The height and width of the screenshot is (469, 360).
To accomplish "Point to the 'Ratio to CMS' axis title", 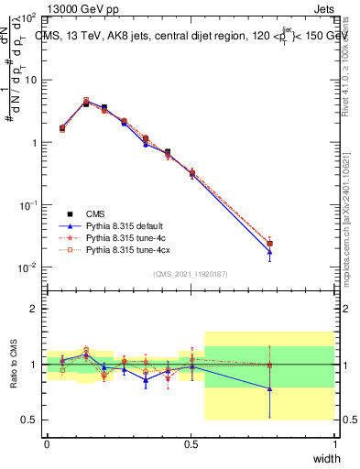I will [12, 364].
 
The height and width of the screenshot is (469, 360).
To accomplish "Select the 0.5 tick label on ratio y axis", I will [28, 420].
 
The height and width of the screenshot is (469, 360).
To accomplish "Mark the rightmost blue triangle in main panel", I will [269, 252].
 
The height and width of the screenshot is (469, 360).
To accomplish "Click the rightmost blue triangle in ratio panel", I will [269, 388].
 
